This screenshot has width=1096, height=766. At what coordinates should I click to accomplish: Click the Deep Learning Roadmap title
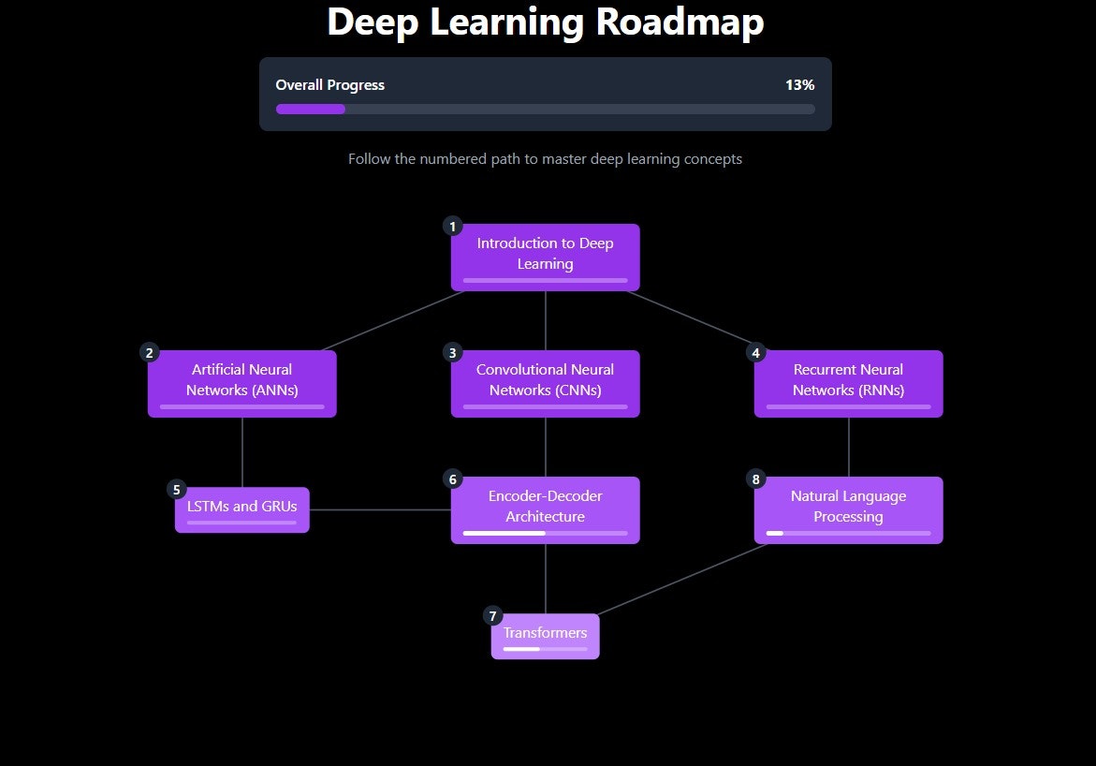[x=546, y=22]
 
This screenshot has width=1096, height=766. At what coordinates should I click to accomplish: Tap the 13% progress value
[x=799, y=85]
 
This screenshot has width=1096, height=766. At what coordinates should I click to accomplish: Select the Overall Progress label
[x=329, y=85]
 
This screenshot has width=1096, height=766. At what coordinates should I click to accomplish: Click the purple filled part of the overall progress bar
[x=311, y=109]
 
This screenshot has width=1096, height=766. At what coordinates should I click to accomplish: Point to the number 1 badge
[x=453, y=227]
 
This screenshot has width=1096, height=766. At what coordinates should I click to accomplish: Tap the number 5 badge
[x=176, y=490]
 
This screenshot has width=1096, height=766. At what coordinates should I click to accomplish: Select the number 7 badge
[x=492, y=616]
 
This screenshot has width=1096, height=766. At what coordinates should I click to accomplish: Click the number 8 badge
[x=756, y=479]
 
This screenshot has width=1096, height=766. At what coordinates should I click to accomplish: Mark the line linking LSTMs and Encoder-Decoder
[x=380, y=510]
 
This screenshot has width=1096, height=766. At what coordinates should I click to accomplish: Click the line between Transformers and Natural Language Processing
[x=683, y=579]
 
